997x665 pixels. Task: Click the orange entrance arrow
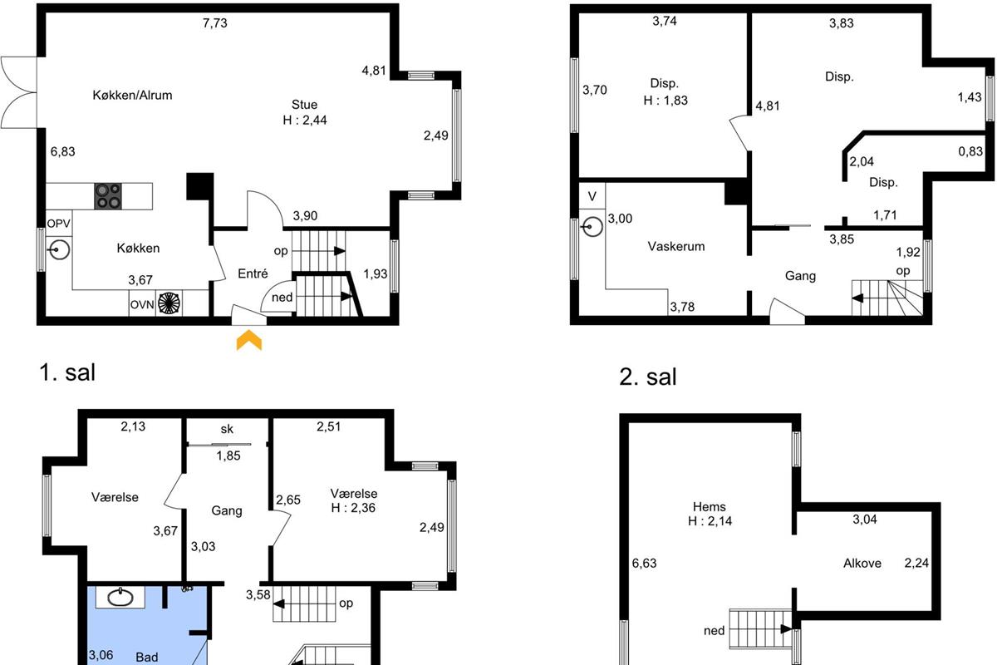(x=248, y=340)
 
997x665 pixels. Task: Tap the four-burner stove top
(x=108, y=196)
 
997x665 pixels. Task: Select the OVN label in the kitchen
(x=142, y=305)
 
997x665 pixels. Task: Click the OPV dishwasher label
(x=59, y=223)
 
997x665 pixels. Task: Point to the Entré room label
(x=253, y=273)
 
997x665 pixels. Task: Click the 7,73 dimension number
(x=215, y=22)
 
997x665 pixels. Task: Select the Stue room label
(x=304, y=105)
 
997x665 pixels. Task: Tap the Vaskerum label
(x=676, y=246)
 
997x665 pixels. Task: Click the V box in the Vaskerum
(x=592, y=196)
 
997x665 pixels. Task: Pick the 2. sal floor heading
(x=647, y=377)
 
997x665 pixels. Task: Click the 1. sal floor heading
(x=67, y=372)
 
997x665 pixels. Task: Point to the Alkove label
(x=862, y=563)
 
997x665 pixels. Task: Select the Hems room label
(x=709, y=506)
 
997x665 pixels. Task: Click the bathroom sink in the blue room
(x=120, y=598)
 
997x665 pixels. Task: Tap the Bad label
(x=147, y=657)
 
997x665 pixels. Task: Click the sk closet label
(x=227, y=429)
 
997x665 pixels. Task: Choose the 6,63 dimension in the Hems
(x=644, y=563)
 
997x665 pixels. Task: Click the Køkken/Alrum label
(x=132, y=95)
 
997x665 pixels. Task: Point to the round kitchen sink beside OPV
(x=59, y=250)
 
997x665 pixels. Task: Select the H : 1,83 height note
(x=665, y=101)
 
